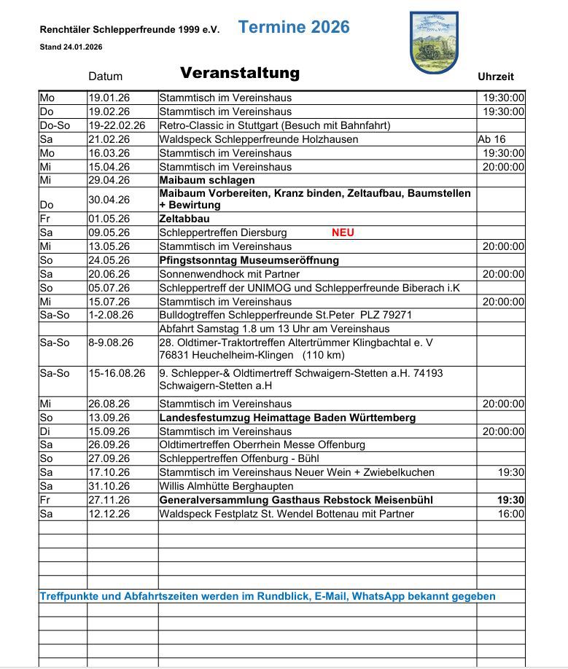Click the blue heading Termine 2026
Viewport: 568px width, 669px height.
pos(294,28)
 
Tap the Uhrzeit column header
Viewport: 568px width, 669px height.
pos(496,77)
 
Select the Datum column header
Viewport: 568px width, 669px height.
pos(106,77)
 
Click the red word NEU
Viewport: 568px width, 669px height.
pos(343,233)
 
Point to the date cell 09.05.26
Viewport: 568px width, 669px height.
pos(109,233)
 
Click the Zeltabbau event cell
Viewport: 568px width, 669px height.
pos(184,219)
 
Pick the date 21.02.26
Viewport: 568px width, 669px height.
pos(109,139)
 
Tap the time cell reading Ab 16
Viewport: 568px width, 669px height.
pos(491,139)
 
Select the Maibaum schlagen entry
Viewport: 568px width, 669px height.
pos(207,180)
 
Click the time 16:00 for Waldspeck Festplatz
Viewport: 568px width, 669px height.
pos(511,514)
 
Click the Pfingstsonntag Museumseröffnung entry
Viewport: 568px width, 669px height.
pos(249,260)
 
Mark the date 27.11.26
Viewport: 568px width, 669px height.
pos(109,500)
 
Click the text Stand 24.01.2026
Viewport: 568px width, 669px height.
pos(71,47)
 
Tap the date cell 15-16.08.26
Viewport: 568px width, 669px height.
pos(117,373)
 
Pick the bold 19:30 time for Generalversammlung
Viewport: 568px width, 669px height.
pos(510,500)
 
